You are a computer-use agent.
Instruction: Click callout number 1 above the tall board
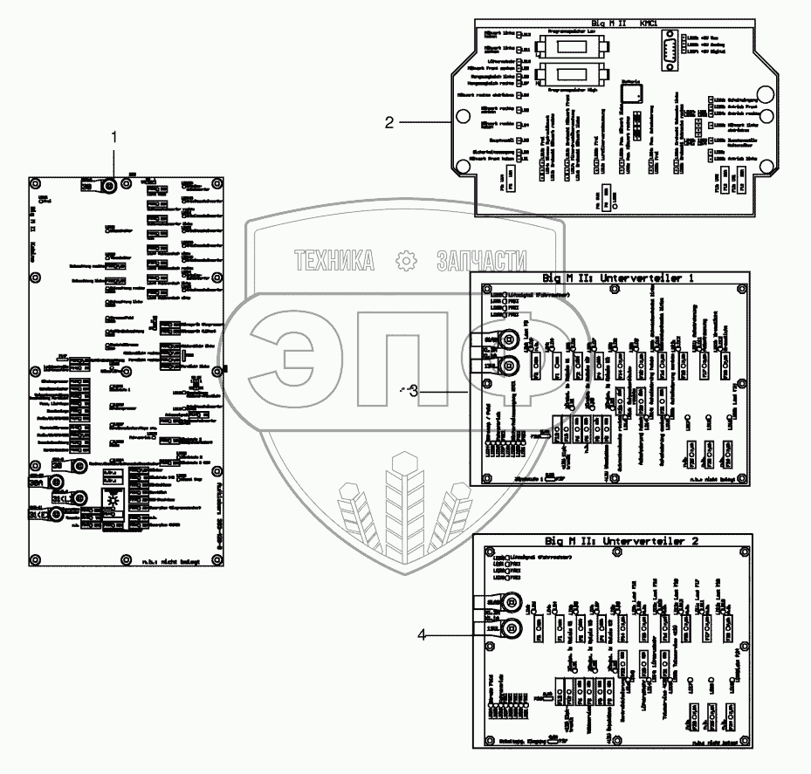pyautogui.click(x=113, y=136)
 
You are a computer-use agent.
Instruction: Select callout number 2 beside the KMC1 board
pyautogui.click(x=390, y=123)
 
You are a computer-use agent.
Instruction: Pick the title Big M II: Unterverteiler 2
pyautogui.click(x=622, y=541)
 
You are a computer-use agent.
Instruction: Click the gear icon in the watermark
pyautogui.click(x=406, y=260)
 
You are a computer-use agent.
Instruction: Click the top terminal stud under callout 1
pyautogui.click(x=110, y=186)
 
